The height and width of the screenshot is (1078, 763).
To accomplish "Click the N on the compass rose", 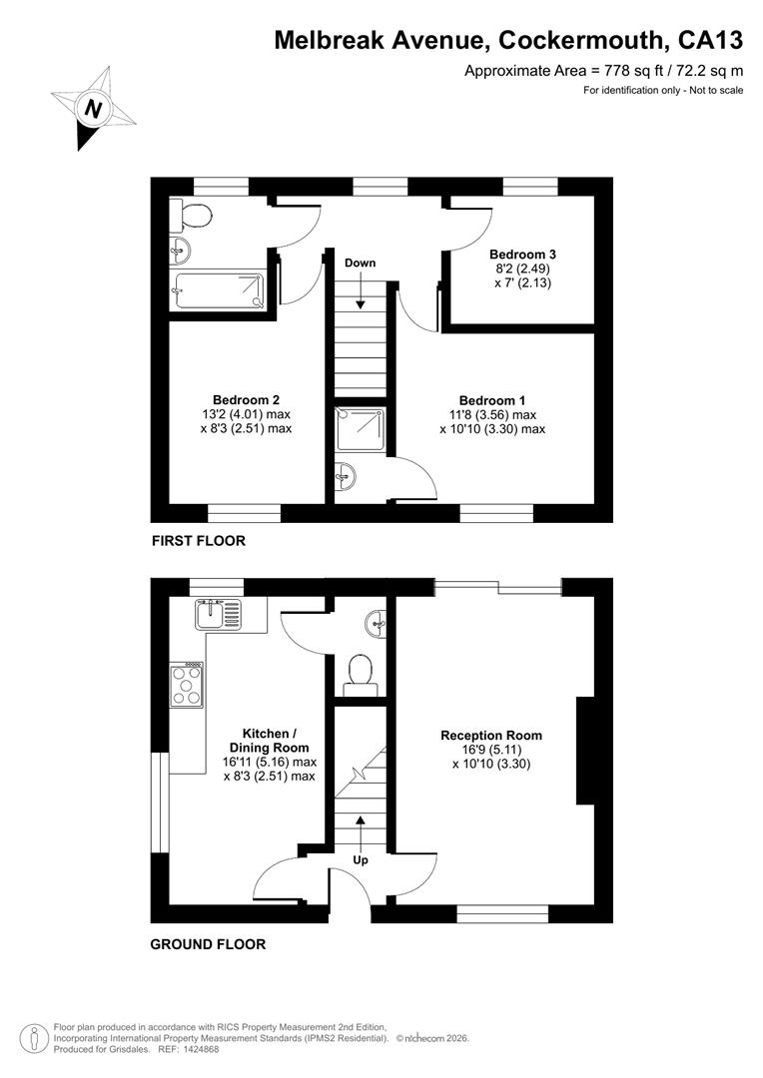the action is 93,110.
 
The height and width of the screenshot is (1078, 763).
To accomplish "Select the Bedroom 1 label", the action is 492,400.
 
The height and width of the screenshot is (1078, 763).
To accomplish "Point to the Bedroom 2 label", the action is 246,399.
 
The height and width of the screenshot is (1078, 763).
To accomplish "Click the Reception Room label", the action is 491,735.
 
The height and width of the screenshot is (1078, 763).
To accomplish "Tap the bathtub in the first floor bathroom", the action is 218,292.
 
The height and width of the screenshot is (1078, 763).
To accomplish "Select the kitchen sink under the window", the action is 218,615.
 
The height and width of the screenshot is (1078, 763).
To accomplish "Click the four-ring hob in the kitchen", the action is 187,685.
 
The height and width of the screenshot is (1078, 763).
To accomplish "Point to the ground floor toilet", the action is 360,673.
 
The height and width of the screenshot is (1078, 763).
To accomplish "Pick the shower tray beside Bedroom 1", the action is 360,427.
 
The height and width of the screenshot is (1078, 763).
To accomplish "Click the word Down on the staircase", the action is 360,263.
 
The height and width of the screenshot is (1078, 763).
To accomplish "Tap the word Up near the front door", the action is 361,860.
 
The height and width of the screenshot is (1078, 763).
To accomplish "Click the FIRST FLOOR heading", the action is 198,541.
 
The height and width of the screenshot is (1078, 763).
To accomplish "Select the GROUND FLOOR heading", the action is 208,944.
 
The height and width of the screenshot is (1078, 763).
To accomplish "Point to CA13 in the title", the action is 711,40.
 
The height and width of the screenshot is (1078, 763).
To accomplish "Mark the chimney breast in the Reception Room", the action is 585,750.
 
